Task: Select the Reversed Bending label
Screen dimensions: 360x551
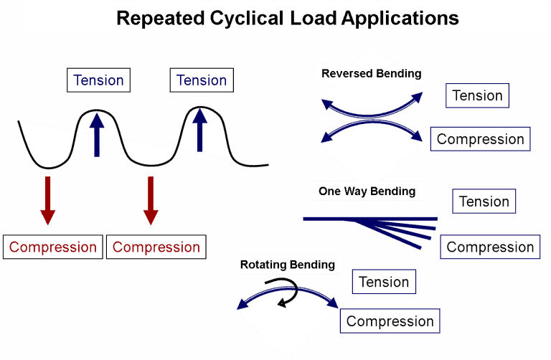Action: coord(371,73)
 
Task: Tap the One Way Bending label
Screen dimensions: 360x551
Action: coord(367,191)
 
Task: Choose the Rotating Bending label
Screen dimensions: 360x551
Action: coord(287,265)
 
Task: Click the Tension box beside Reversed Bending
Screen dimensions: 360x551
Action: coord(477,95)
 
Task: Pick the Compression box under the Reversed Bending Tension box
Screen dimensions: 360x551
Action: coord(480,139)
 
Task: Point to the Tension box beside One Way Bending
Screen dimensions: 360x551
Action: coord(484,202)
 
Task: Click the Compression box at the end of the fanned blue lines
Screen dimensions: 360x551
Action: coord(490,247)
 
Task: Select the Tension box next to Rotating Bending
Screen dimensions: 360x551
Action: coord(384,282)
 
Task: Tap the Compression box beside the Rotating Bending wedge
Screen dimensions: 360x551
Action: coord(390,321)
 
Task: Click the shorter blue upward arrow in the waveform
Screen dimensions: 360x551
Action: coord(97,134)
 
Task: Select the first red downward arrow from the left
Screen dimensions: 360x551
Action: coord(47,200)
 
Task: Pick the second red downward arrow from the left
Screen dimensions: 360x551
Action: coord(150,200)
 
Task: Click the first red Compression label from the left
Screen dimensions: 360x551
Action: coord(53,247)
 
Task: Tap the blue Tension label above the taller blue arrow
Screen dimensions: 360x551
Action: coord(202,80)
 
